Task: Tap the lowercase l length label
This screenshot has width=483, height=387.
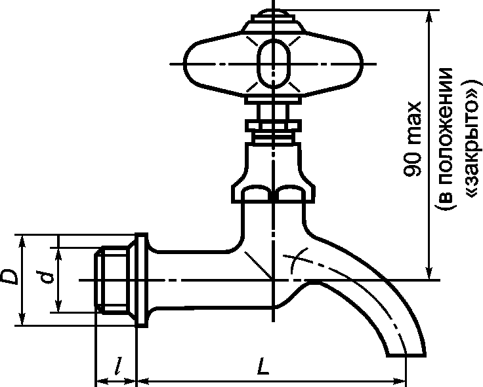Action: coord(118,366)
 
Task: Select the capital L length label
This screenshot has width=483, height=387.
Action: coord(262,366)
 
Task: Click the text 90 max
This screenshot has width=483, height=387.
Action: coord(413,139)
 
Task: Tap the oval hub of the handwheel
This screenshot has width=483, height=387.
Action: coord(274,64)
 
